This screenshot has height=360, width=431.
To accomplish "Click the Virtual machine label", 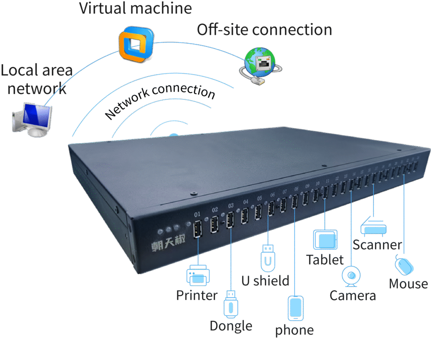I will [x=136, y=8].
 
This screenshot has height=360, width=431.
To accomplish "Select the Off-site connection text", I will [x=264, y=30].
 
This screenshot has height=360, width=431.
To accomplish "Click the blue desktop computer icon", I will [x=32, y=118].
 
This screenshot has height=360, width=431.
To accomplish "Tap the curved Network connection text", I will [x=160, y=101].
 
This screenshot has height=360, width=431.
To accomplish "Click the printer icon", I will [x=198, y=275].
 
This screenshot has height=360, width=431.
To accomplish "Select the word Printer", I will [x=197, y=295].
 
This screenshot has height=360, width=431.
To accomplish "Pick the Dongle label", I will [x=231, y=326].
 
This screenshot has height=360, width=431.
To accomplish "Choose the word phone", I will [x=294, y=330].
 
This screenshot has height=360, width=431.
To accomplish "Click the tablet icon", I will [x=325, y=240].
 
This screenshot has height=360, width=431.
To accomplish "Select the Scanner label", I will [x=377, y=244].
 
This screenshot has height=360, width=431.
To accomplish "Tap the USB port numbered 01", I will [x=197, y=230].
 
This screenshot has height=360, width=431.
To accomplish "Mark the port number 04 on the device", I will [x=246, y=202].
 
